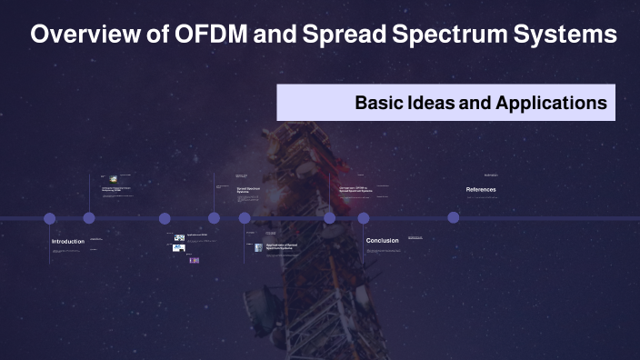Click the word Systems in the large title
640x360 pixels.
click(x=567, y=35)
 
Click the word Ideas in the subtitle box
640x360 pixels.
click(x=431, y=103)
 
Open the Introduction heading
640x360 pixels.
click(x=68, y=241)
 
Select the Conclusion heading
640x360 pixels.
click(x=383, y=241)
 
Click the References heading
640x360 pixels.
click(x=481, y=189)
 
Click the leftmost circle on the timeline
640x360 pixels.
click(x=50, y=218)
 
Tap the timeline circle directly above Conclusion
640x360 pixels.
click(x=364, y=218)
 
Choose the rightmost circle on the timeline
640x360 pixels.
click(x=454, y=218)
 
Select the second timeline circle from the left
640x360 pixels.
click(x=89, y=218)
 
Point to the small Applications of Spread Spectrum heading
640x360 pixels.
click(x=281, y=246)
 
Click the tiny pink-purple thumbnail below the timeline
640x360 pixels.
click(x=194, y=260)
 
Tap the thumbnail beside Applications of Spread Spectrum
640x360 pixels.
click(x=258, y=247)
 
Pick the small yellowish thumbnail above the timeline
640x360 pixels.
click(x=113, y=179)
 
